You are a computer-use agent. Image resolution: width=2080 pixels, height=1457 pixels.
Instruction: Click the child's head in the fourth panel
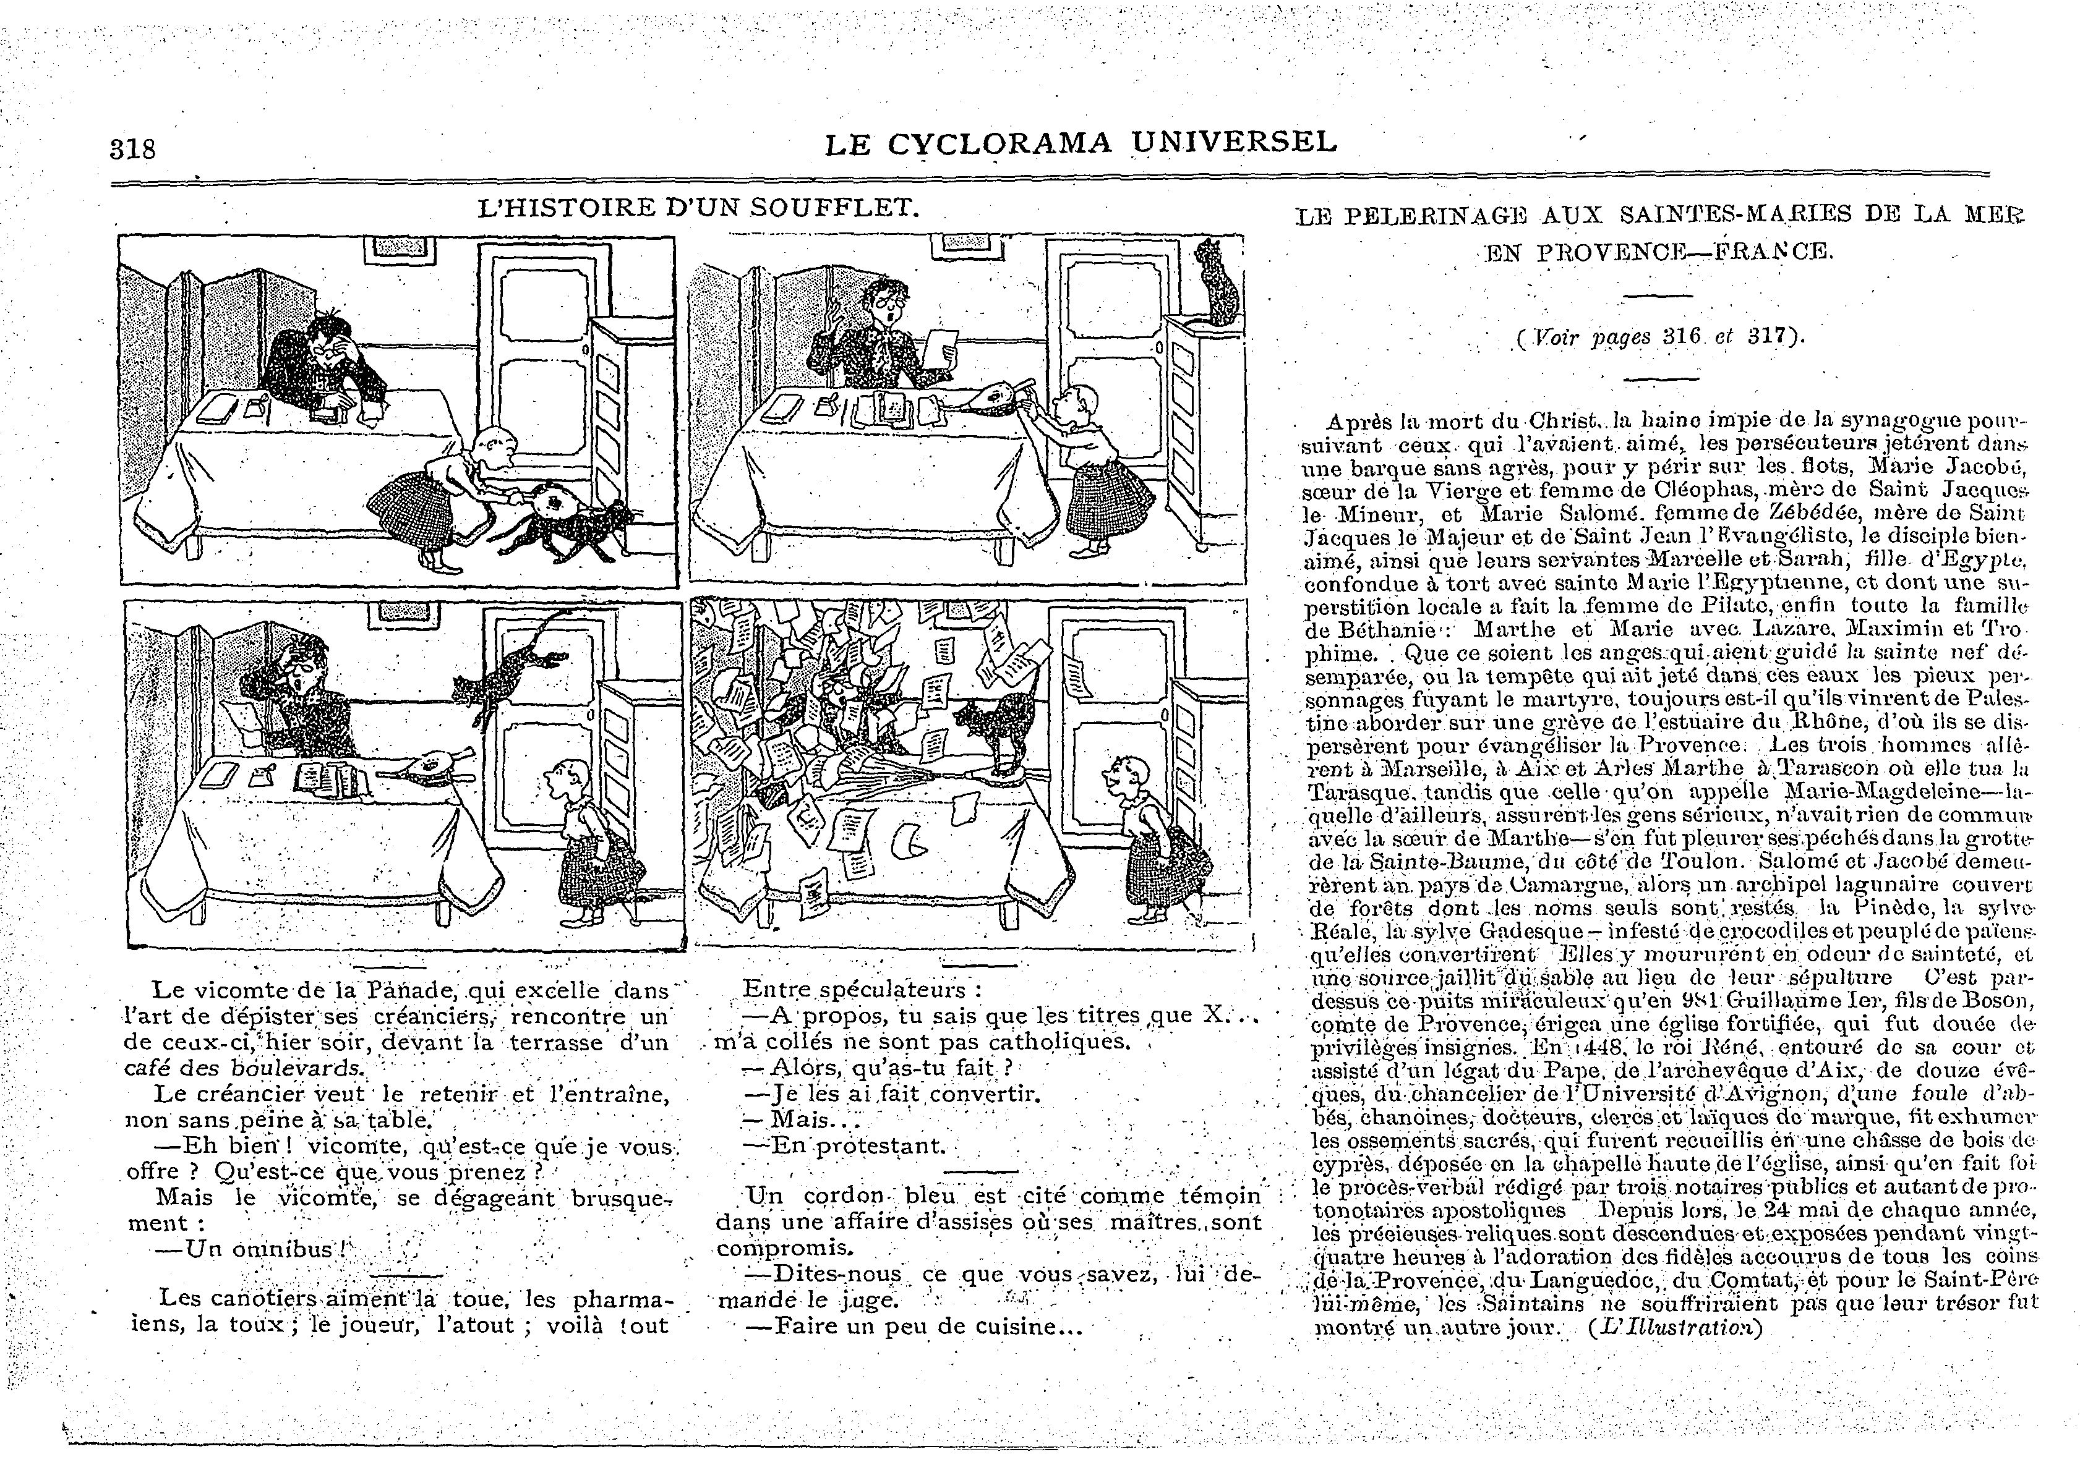pyautogui.click(x=1123, y=774)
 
